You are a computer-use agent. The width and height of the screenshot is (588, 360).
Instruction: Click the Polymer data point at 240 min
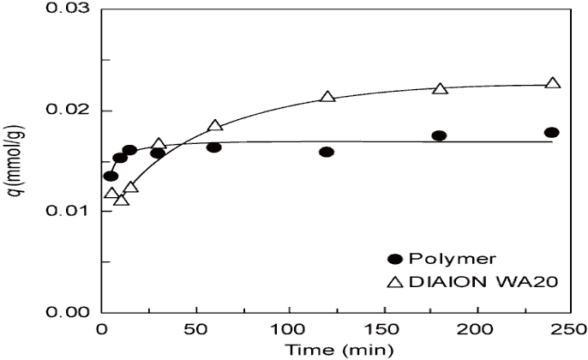click(x=552, y=132)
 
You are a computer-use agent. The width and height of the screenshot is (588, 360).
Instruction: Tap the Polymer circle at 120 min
click(x=327, y=152)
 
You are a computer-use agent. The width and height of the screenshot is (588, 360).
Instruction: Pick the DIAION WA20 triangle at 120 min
click(x=327, y=97)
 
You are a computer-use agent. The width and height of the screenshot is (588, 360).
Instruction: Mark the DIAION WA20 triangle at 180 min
click(x=441, y=89)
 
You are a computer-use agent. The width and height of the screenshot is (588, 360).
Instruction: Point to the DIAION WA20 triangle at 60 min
click(x=215, y=126)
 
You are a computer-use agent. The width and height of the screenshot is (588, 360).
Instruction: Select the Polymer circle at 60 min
click(x=214, y=147)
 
